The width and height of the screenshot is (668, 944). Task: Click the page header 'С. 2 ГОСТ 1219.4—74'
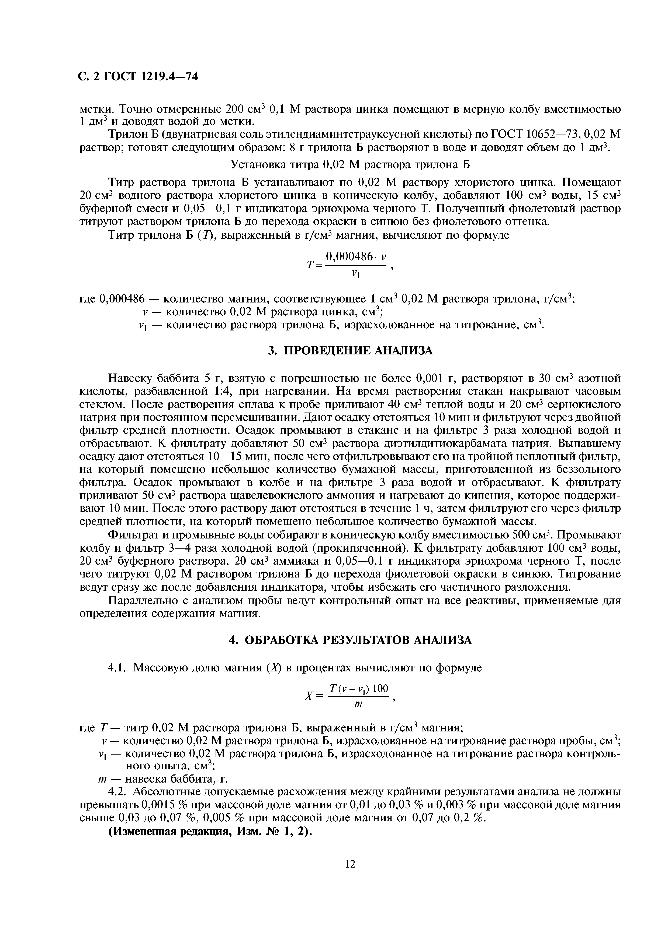pos(138,76)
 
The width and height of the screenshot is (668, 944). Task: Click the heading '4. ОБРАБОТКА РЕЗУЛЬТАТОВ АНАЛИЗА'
pos(350,640)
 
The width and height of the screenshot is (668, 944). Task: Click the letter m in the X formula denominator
pos(358,704)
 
